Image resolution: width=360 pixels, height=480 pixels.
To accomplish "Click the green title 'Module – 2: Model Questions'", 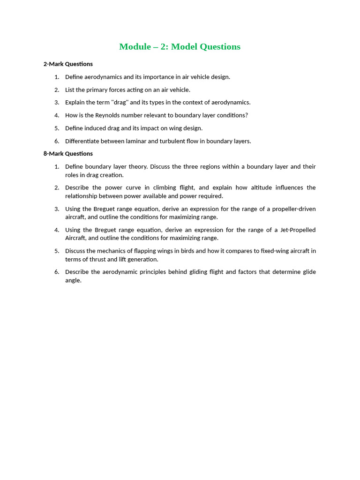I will [180, 46].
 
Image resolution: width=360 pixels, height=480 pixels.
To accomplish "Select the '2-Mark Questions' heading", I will [68, 64].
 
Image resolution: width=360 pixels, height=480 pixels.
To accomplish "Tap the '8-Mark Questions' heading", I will [68, 153].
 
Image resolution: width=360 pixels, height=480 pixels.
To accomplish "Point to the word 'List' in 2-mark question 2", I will [70, 90].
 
